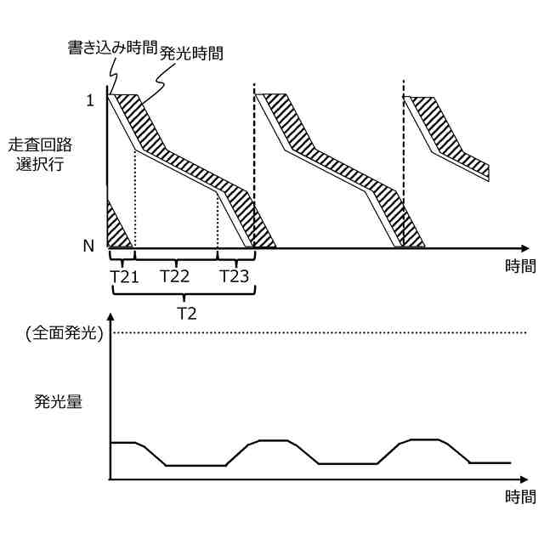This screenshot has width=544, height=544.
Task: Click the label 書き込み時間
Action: [x=111, y=48]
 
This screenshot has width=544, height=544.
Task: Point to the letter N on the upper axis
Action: [x=88, y=246]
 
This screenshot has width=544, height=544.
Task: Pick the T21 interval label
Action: [x=123, y=276]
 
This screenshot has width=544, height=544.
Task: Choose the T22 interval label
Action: [x=175, y=276]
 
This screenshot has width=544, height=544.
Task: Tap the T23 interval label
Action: [x=235, y=276]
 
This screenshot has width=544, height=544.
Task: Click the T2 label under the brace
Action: [x=186, y=312]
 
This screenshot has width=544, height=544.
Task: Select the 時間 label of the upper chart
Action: [x=520, y=266]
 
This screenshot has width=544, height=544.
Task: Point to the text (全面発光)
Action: [x=62, y=333]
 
